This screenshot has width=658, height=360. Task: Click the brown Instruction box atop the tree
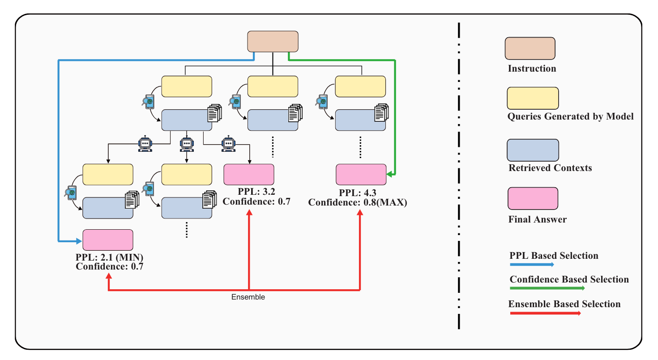pyautogui.click(x=273, y=41)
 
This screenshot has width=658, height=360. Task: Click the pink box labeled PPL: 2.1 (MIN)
pyautogui.click(x=108, y=240)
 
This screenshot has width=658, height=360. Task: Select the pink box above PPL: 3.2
pyautogui.click(x=248, y=175)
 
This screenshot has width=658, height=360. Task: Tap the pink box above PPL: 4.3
pyautogui.click(x=361, y=175)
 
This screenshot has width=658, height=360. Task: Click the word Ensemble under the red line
pyautogui.click(x=248, y=297)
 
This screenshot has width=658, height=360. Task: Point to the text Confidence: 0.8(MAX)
pyautogui.click(x=358, y=202)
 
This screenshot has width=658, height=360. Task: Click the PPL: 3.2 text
pyautogui.click(x=256, y=192)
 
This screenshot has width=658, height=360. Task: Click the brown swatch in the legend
pyautogui.click(x=530, y=48)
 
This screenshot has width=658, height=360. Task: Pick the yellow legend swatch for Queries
pyautogui.click(x=533, y=98)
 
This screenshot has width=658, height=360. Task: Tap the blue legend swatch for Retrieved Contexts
pyautogui.click(x=533, y=150)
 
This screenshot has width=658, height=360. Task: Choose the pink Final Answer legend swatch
pyautogui.click(x=533, y=198)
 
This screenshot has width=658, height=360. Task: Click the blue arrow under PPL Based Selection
pyautogui.click(x=532, y=265)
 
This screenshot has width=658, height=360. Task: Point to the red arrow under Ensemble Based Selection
pyautogui.click(x=545, y=313)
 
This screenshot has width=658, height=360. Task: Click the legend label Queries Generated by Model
pyautogui.click(x=570, y=116)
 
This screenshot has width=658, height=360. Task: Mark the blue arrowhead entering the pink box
pyautogui.click(x=80, y=241)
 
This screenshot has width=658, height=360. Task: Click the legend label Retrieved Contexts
pyautogui.click(x=550, y=168)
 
